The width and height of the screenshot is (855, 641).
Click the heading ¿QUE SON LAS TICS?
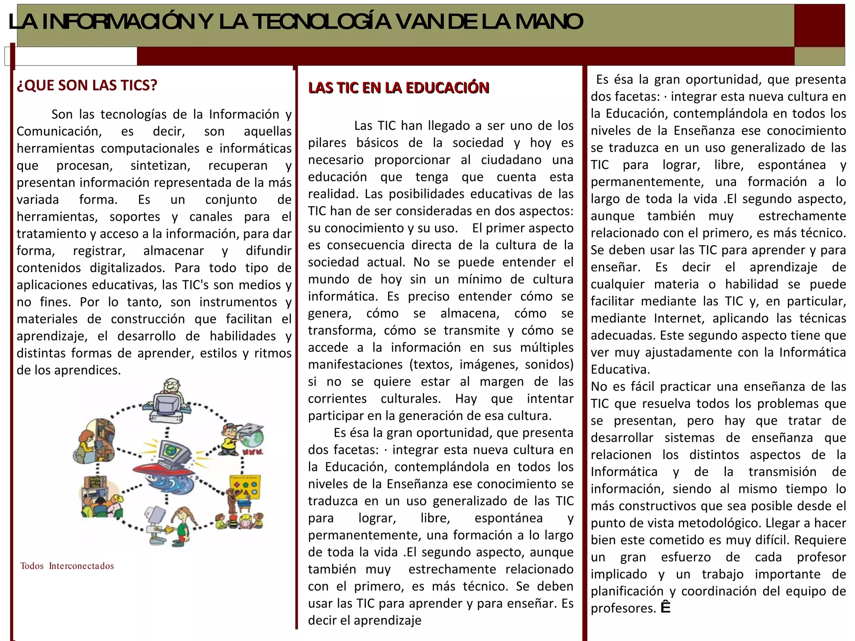(87, 85)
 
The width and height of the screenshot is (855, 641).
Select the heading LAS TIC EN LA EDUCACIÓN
(398, 88)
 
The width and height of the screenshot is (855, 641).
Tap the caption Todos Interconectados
(67, 566)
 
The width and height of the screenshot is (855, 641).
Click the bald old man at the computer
(170, 390)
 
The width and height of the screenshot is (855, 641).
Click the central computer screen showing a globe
(170, 450)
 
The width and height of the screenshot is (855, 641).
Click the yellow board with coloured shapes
(245, 488)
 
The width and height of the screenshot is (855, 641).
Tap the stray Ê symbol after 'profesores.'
(665, 608)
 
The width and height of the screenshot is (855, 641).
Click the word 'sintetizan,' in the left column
(160, 166)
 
